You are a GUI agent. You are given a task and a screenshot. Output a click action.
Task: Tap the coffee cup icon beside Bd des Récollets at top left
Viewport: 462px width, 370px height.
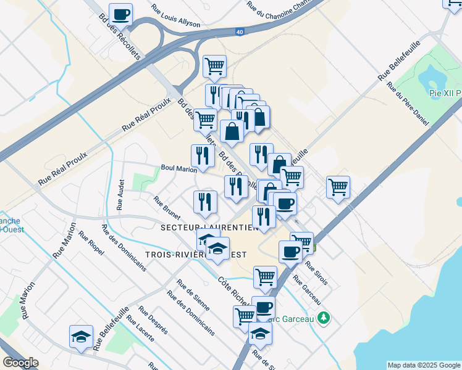click(120, 14)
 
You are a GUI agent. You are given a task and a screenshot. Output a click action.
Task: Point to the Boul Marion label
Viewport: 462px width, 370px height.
click(178, 168)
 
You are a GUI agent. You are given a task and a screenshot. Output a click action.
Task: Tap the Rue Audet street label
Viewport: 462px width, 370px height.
click(121, 194)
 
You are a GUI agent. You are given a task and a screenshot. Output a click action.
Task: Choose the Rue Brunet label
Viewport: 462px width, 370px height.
click(167, 208)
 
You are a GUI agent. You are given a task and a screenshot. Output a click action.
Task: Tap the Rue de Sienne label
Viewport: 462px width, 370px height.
click(193, 295)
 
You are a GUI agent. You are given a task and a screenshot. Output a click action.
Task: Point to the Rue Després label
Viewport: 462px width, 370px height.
click(153, 320)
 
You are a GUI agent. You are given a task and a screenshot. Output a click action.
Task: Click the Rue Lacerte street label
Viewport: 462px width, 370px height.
click(141, 333)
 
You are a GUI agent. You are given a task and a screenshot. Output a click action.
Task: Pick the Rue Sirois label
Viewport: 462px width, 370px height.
click(316, 272)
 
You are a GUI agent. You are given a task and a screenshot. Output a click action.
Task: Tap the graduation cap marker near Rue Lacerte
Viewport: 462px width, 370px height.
click(81, 336)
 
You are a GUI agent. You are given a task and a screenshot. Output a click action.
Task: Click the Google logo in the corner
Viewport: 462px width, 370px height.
click(20, 363)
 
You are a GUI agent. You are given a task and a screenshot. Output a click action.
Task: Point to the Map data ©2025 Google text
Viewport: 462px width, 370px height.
click(423, 365)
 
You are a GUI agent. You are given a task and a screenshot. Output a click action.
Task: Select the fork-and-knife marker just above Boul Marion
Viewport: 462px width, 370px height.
click(203, 155)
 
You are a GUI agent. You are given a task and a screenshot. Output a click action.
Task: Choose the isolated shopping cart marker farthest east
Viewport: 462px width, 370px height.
click(338, 186)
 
